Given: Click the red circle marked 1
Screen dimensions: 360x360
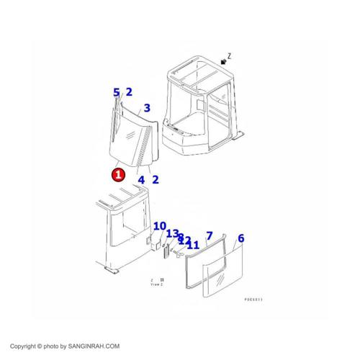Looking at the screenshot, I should (x=117, y=174).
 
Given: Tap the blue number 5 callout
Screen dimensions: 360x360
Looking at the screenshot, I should (x=116, y=92).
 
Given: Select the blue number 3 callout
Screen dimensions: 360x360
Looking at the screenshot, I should (x=146, y=108).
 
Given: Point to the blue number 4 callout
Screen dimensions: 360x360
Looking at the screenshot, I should (x=141, y=179).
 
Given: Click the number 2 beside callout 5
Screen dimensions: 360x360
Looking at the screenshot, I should (x=129, y=91).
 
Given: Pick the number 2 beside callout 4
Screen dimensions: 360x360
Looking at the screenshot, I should (x=156, y=179).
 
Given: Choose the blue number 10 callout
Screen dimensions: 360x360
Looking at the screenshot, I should (x=159, y=226).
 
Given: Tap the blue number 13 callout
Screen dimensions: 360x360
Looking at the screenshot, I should (x=172, y=233).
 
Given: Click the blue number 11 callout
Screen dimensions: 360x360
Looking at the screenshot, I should (x=192, y=245).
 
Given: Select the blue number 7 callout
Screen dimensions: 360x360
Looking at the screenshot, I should (x=209, y=235).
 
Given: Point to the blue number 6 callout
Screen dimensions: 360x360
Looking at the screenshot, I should (x=241, y=238).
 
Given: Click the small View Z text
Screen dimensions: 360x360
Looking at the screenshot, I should (x=156, y=284).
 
